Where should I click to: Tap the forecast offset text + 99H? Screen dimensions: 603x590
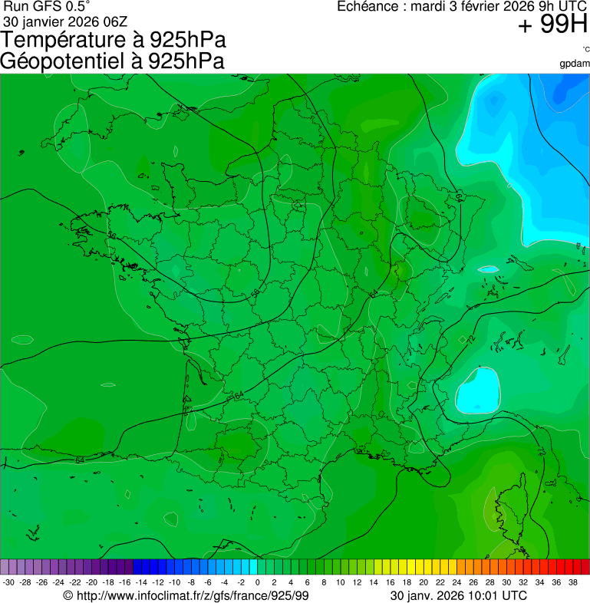coord(552,25)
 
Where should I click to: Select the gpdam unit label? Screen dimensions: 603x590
coord(575,63)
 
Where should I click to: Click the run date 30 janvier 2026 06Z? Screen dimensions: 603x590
coord(66,21)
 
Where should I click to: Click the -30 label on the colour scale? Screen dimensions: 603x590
coord(8,583)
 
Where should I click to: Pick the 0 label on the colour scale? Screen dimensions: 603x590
coord(257,583)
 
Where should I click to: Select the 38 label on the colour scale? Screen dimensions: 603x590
coord(573,583)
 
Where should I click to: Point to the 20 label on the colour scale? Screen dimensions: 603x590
coord(424,583)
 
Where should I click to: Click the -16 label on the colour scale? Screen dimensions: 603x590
coord(124,583)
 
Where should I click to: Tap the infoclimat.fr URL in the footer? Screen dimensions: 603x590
coord(186,595)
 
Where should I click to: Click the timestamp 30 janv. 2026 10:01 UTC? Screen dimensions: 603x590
coord(458,595)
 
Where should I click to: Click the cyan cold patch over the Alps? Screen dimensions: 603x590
coord(477,391)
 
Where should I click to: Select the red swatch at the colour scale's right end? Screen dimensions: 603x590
coord(585,567)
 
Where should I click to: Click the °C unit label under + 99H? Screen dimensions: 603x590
coord(585,50)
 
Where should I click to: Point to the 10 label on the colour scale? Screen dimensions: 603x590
coord(341,583)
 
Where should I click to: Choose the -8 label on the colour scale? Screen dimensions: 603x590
coord(191,583)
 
